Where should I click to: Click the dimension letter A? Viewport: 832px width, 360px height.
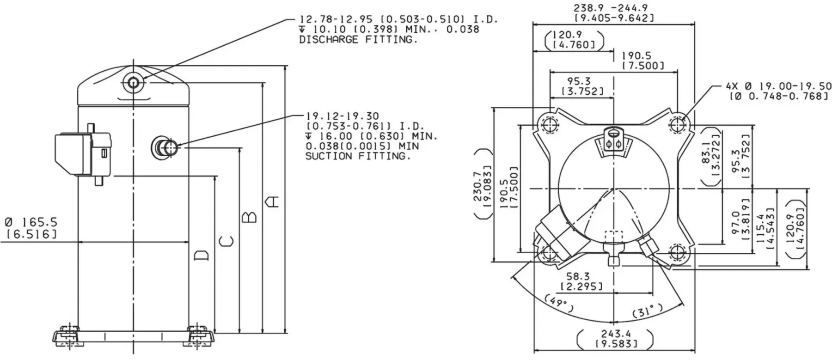[274, 202]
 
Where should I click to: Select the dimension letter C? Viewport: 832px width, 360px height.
[226, 241]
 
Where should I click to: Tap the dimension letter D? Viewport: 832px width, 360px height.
[202, 255]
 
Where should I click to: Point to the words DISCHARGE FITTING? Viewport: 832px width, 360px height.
[358, 40]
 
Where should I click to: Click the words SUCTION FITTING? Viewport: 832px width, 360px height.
[358, 156]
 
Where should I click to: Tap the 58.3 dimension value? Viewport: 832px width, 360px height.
[578, 276]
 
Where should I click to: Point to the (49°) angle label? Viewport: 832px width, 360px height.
[559, 303]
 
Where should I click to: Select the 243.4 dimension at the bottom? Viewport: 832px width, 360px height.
[616, 333]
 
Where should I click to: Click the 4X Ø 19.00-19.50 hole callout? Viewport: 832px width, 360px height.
[778, 86]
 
